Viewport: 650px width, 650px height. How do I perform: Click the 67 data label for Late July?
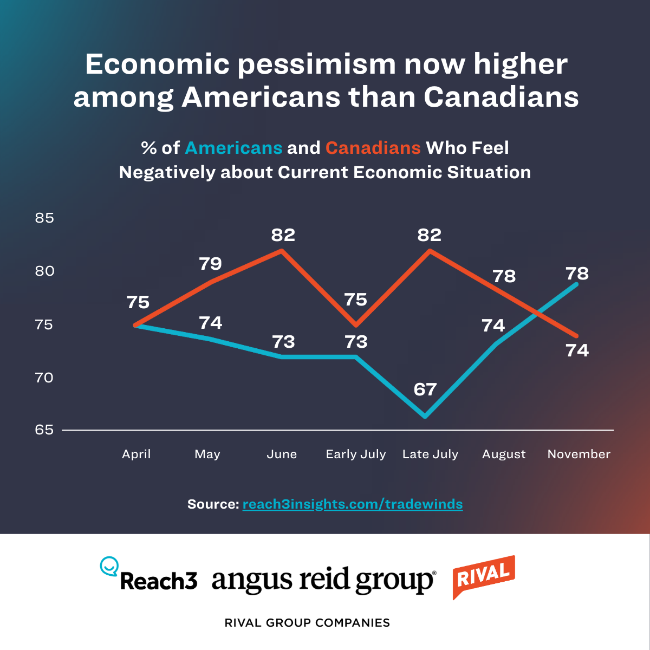pos(425,389)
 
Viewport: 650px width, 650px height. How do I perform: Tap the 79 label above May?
pos(210,264)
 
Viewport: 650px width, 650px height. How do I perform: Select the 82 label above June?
pos(283,235)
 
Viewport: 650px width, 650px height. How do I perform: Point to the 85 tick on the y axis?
pos(44,218)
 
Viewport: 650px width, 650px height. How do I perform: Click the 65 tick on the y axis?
pos(44,430)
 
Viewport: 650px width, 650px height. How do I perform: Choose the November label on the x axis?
pos(578,454)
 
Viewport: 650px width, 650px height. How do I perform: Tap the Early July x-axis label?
pos(356,454)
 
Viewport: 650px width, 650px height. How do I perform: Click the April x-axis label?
pos(136,454)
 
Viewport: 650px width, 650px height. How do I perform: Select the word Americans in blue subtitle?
pos(233,148)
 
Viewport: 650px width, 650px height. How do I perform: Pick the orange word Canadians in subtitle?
pos(373,148)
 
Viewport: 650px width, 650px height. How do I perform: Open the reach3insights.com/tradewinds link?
pos(353,504)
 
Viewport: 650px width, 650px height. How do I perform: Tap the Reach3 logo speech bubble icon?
pos(109,566)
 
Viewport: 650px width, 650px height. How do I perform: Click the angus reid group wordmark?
pos(323,581)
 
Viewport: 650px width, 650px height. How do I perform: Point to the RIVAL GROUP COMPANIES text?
pos(307,623)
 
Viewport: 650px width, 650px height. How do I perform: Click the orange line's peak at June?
pos(282,250)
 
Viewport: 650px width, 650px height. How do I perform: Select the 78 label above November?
pos(577,274)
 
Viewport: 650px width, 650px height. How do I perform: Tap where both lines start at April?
pos(135,325)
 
